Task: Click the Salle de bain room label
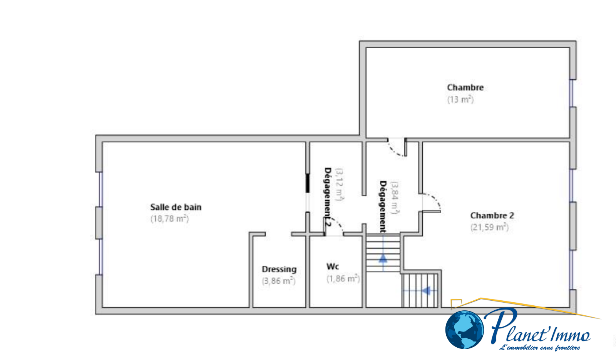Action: [x=176, y=207]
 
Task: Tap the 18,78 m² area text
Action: [x=169, y=219]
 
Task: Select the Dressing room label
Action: [x=279, y=269]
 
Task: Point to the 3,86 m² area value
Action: [x=278, y=281]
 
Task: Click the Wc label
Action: [x=333, y=266]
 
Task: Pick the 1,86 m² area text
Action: [x=343, y=278]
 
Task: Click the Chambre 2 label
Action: [x=492, y=216]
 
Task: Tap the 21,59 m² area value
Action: [x=489, y=227]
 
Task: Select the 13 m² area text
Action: [x=460, y=99]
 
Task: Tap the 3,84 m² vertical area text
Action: [x=395, y=198]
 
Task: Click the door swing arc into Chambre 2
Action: [x=435, y=200]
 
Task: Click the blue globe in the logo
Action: [x=464, y=330]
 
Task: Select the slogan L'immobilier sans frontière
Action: [x=539, y=348]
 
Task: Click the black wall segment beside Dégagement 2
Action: [x=308, y=183]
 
